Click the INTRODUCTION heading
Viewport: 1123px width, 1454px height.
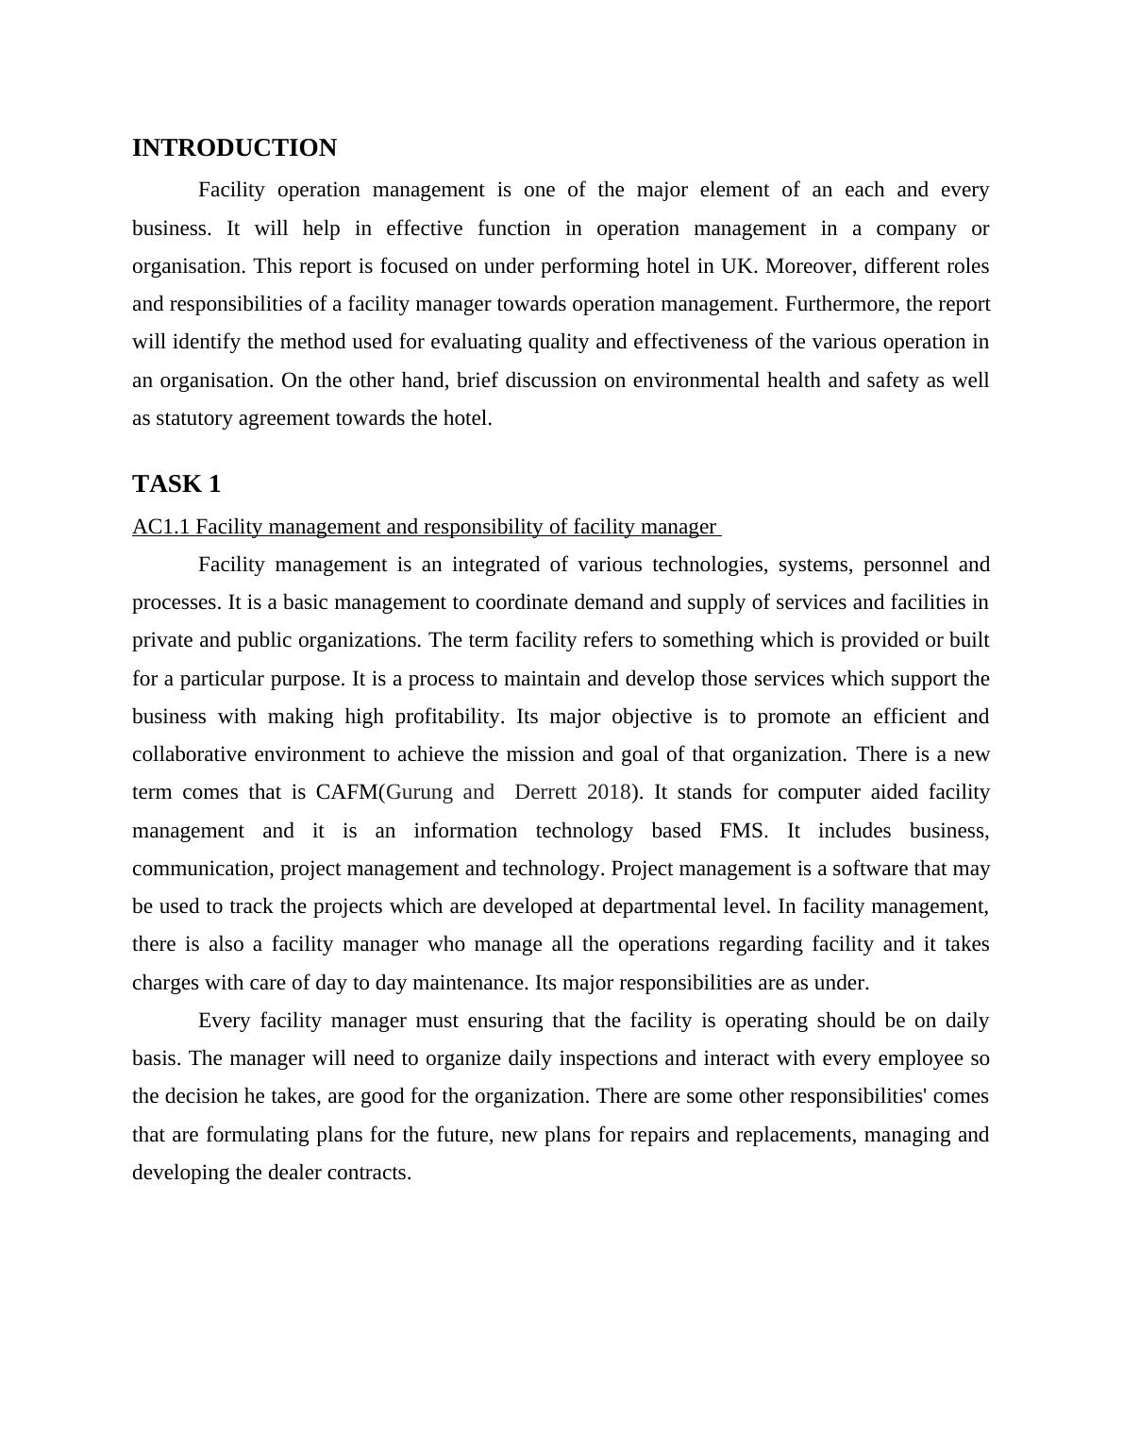tap(234, 148)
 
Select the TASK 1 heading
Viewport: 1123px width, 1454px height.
tap(176, 484)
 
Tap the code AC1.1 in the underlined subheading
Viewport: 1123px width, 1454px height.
tap(160, 527)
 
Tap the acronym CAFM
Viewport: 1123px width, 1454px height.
tap(347, 792)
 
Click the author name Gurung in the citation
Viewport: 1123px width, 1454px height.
tap(419, 792)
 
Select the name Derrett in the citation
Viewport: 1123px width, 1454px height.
tap(546, 792)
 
